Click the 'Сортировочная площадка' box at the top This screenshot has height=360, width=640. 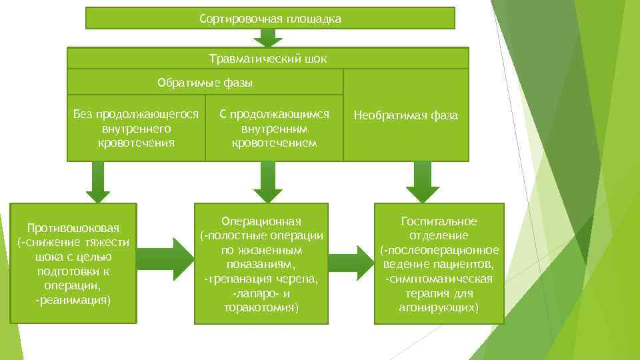pyautogui.click(x=270, y=19)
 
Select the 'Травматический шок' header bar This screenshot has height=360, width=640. pyautogui.click(x=268, y=58)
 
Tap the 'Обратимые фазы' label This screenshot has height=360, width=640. pyautogui.click(x=205, y=83)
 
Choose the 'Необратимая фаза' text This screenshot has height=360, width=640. pyautogui.click(x=405, y=115)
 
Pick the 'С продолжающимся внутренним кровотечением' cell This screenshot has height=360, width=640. pyautogui.click(x=274, y=128)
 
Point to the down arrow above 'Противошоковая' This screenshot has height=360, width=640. pyautogui.click(x=97, y=182)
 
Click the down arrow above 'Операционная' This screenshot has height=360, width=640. pyautogui.click(x=268, y=182)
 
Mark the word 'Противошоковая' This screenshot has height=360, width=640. pyautogui.click(x=73, y=228)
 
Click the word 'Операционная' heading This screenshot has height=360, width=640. pyautogui.click(x=261, y=221)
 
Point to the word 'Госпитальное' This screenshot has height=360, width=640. pyautogui.click(x=439, y=221)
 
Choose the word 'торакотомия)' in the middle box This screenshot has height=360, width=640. pyautogui.click(x=261, y=307)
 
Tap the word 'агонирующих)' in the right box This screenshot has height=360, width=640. pyautogui.click(x=439, y=307)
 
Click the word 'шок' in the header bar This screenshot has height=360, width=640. pyautogui.click(x=315, y=58)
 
